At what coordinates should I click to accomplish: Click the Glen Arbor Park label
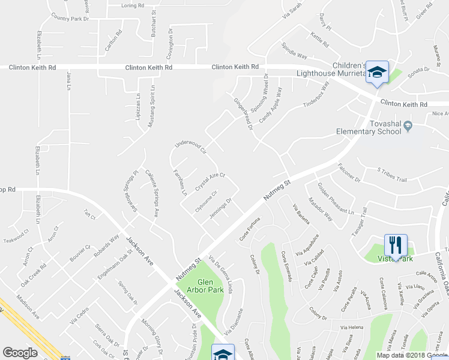point(214,285)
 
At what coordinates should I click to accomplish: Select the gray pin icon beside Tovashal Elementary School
point(408,126)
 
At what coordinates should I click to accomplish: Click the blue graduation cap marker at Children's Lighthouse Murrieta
point(377,73)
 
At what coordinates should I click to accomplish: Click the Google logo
point(20,353)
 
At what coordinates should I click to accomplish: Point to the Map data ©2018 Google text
point(412,355)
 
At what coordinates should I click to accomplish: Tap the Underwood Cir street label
point(190,146)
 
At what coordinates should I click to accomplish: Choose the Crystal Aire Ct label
point(209,179)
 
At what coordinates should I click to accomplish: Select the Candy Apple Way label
point(270,105)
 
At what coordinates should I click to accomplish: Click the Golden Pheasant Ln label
point(335,198)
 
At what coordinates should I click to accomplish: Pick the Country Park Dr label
point(74,19)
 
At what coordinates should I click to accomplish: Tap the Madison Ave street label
point(28,313)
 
